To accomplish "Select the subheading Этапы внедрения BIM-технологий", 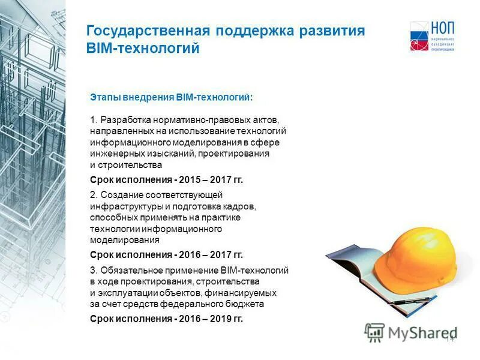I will click(172, 97).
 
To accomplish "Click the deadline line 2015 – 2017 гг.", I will click(166, 179).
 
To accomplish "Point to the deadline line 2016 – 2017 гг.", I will click(166, 254).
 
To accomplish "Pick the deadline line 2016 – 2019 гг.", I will click(166, 319).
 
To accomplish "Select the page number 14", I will click(450, 338).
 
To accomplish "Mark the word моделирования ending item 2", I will click(124, 240).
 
